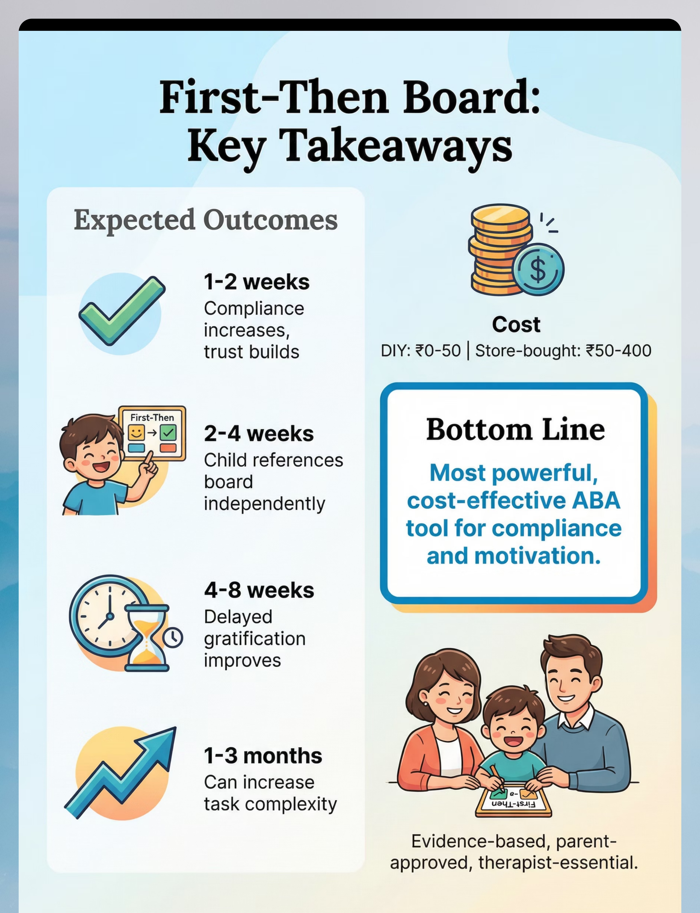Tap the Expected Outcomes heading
click(206, 220)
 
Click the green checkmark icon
click(122, 310)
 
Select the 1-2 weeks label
click(257, 282)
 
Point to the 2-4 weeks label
click(259, 434)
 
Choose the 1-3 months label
click(263, 756)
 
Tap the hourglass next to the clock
click(147, 638)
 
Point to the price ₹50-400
click(619, 351)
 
